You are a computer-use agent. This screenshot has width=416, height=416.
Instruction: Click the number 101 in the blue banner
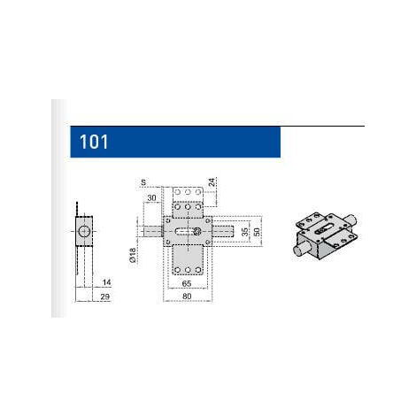click(x=94, y=142)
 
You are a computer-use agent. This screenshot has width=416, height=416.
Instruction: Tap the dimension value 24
click(x=212, y=182)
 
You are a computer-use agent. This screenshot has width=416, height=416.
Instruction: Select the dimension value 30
click(x=151, y=197)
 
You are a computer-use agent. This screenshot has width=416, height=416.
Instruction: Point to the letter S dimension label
click(x=143, y=182)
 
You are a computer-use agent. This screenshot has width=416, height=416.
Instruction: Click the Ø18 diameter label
click(x=133, y=255)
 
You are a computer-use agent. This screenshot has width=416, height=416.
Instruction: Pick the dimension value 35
click(x=245, y=232)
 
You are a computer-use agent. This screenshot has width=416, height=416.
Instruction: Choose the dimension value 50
click(x=257, y=232)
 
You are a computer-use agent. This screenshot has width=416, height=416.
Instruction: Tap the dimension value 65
click(x=187, y=283)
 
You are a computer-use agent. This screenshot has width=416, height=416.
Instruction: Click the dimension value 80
click(x=187, y=296)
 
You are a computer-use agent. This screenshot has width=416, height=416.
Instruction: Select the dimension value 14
click(x=106, y=282)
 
